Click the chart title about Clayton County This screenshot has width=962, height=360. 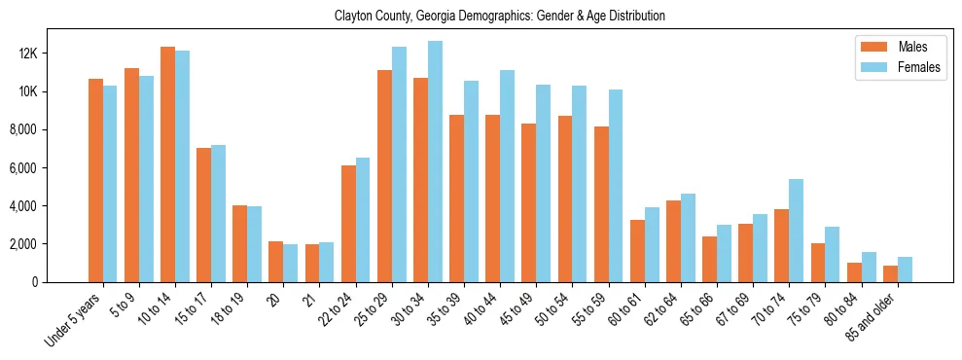[x=499, y=17]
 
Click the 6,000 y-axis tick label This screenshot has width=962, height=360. [x=45, y=167]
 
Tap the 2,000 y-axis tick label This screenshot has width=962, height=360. [x=45, y=244]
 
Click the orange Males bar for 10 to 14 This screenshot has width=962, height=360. [x=167, y=164]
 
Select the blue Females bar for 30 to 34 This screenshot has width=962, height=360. [x=435, y=162]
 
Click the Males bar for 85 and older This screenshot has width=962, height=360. [x=890, y=273]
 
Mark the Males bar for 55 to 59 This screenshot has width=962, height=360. [x=601, y=204]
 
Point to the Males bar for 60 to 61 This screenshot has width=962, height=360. [x=637, y=251]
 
